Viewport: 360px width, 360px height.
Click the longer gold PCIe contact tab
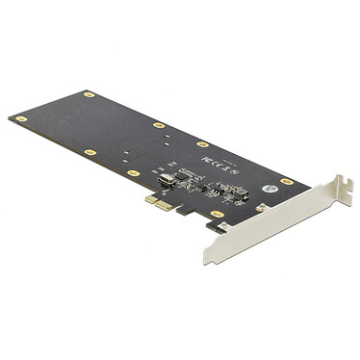click(x=164, y=206)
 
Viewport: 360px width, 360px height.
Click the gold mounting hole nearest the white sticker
click(x=287, y=181)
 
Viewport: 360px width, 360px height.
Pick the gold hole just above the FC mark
click(x=202, y=143)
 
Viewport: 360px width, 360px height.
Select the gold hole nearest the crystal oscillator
click(x=134, y=172)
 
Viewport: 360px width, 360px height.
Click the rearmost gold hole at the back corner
click(x=88, y=94)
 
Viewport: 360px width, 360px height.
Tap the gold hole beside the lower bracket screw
click(x=216, y=214)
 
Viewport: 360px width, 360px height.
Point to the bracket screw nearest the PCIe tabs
click(x=223, y=227)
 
